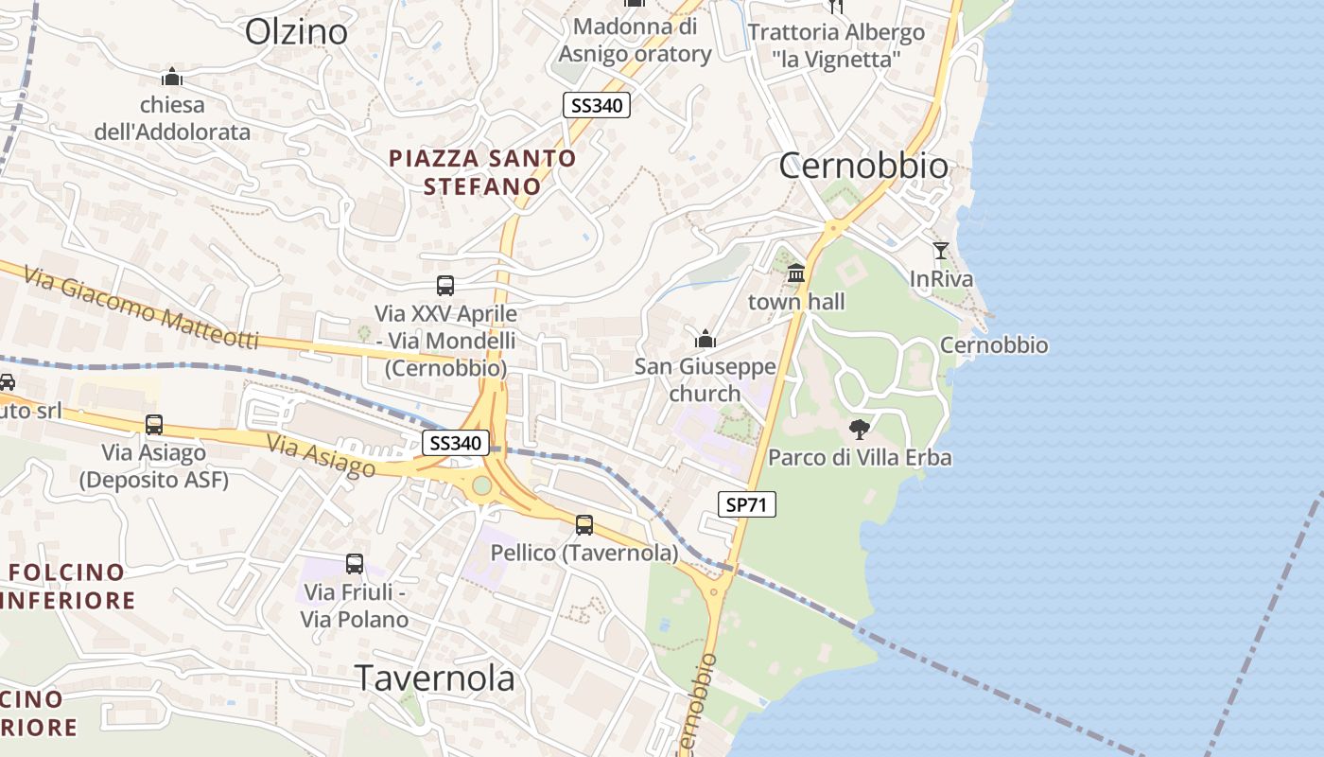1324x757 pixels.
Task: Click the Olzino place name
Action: (x=296, y=31)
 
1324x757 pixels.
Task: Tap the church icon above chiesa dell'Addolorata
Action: (x=172, y=77)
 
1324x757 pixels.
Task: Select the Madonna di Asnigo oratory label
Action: (x=635, y=41)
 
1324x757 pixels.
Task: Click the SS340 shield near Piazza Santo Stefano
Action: (x=596, y=105)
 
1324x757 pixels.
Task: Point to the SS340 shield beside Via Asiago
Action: (x=456, y=442)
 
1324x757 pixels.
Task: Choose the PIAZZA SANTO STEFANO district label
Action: (x=482, y=172)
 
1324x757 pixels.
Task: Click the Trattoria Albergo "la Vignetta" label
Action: (x=836, y=45)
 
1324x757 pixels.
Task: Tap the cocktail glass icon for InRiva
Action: (x=940, y=251)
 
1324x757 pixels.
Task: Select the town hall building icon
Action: (x=796, y=273)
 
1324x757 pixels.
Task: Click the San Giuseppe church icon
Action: (x=705, y=338)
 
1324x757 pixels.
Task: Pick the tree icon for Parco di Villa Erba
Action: (x=859, y=429)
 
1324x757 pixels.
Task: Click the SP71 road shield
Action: (x=746, y=504)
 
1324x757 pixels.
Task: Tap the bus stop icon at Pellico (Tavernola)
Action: (x=584, y=524)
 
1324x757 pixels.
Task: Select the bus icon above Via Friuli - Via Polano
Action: (x=355, y=564)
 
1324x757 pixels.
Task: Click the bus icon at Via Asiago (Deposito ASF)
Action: (x=154, y=425)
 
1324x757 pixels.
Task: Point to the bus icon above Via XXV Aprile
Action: (x=445, y=285)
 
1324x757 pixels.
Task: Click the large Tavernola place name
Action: (x=435, y=678)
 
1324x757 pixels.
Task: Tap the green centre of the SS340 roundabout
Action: (x=482, y=485)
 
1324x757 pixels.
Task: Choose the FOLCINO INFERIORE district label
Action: (x=68, y=586)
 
